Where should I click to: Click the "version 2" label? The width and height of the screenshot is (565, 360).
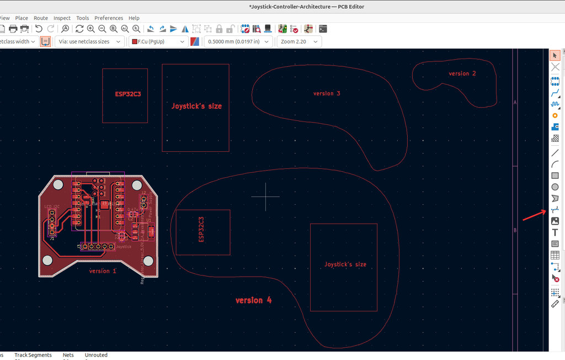[462, 73]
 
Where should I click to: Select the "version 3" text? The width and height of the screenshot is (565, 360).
[327, 93]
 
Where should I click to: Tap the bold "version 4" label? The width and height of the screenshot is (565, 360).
[253, 300]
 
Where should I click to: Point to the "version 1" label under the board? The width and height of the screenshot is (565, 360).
[103, 271]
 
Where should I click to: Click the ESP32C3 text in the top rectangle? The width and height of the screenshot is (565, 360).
[127, 94]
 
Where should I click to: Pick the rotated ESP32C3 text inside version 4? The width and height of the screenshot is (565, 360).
[201, 229]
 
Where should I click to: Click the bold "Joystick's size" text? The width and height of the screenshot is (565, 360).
[196, 105]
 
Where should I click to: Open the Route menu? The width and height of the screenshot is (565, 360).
[41, 18]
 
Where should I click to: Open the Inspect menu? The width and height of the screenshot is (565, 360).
[62, 18]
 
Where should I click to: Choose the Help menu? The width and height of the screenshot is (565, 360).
[134, 18]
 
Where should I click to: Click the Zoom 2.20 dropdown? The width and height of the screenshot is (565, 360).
[299, 41]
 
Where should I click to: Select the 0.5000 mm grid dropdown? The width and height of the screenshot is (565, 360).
[238, 41]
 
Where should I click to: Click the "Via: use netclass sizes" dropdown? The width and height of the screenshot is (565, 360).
[89, 41]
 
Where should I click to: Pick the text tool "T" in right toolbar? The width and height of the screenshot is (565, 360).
[555, 232]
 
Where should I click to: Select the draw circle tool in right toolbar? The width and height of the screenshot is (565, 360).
[555, 187]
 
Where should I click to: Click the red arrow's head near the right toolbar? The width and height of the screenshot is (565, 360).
[547, 211]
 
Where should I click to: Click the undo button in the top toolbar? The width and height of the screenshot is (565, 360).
[39, 29]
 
